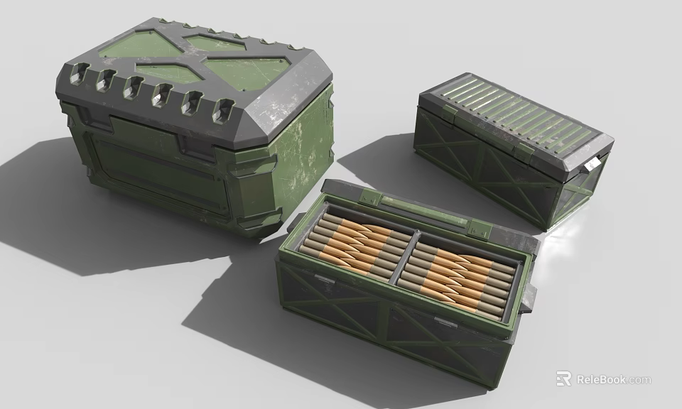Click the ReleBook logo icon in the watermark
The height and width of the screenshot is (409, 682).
pyautogui.click(x=564, y=378)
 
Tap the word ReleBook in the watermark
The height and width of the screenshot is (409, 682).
pyautogui.click(x=601, y=379)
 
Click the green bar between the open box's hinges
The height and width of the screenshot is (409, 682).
pyautogui.click(x=423, y=214)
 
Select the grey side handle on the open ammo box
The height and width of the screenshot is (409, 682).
pyautogui.click(x=528, y=302)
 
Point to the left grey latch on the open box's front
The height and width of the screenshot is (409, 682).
pyautogui.click(x=323, y=280)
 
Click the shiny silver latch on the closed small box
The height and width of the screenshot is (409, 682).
pyautogui.click(x=592, y=165)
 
